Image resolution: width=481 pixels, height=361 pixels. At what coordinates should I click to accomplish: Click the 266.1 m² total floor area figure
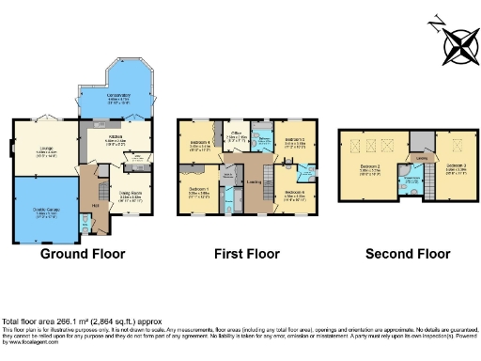click(x=74, y=320)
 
